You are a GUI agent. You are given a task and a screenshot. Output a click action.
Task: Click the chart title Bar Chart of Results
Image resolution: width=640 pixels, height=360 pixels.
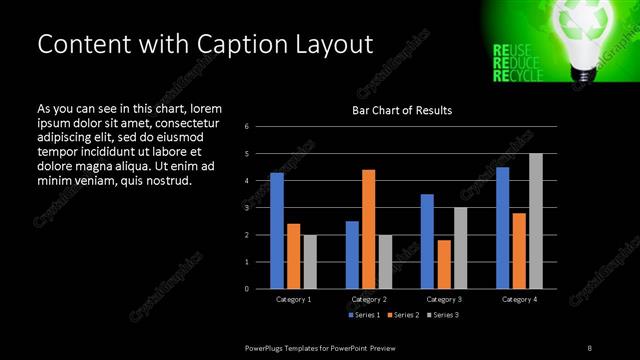401,110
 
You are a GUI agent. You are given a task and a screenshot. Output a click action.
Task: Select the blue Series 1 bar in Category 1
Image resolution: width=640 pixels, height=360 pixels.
277,231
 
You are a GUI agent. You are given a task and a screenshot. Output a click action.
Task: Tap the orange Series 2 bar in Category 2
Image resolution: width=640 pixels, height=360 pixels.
368,229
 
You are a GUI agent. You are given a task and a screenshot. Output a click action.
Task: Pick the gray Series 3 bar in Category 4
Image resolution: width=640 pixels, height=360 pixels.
535,221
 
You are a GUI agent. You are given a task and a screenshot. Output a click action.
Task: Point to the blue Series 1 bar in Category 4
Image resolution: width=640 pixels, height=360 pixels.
503,228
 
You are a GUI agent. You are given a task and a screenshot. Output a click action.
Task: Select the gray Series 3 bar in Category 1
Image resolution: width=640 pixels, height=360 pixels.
309,262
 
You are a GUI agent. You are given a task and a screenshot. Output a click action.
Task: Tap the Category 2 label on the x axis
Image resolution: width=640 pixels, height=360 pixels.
368,299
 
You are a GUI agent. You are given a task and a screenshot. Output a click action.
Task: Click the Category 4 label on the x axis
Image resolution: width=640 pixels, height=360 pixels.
519,299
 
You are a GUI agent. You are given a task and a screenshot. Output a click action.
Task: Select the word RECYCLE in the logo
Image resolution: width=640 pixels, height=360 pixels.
519,76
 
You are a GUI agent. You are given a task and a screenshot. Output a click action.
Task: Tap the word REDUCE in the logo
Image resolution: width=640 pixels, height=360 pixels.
517,62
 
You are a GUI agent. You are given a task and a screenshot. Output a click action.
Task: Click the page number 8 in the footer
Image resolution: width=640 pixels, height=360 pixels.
589,347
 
